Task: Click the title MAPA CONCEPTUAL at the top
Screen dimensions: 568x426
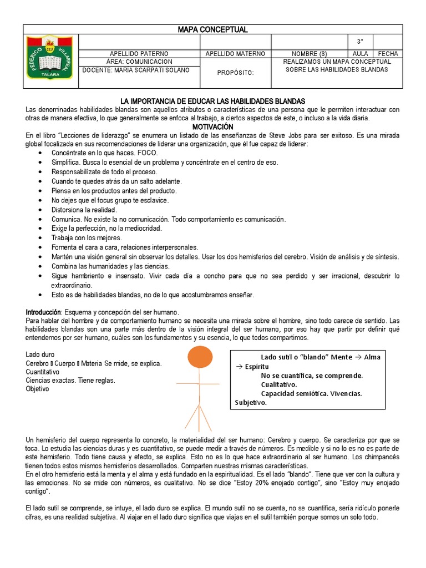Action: [x=212, y=29]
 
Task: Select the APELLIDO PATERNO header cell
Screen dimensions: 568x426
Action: [x=139, y=54]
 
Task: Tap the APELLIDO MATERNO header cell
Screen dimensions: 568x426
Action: [x=235, y=54]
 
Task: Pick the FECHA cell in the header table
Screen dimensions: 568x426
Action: [x=388, y=54]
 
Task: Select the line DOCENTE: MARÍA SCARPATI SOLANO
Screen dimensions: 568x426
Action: [x=135, y=70]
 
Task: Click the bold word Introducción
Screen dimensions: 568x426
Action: [x=43, y=312]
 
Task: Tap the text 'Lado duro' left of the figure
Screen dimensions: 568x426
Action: [x=40, y=354]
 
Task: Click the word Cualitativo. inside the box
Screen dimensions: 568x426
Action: [x=279, y=384]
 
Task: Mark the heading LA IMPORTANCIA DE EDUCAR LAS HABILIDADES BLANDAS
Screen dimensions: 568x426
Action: [x=213, y=101]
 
